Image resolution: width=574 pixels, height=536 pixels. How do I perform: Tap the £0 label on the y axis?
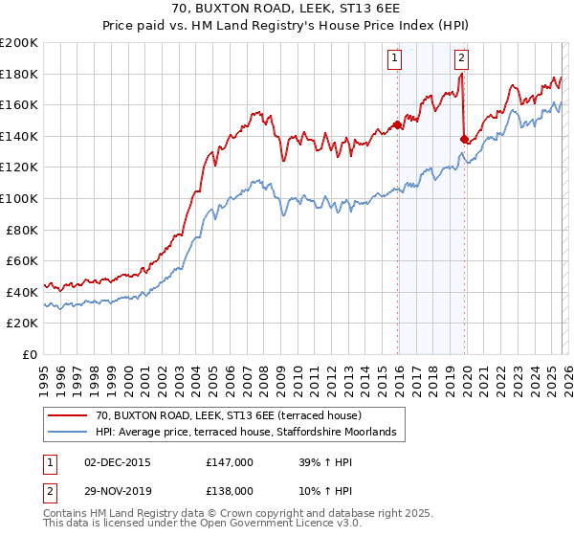pos(31,354)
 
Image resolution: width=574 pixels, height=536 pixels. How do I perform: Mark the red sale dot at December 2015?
pos(397,124)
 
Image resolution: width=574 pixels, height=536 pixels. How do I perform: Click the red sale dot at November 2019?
pos(464,139)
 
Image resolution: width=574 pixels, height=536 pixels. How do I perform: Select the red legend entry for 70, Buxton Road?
pos(228,415)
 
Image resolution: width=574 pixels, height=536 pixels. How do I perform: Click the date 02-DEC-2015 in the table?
pos(118,461)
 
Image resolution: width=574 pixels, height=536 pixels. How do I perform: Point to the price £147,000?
pos(230,461)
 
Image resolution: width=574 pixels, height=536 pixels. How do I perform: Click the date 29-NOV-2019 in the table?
pos(118,490)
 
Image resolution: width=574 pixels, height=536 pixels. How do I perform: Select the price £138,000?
pos(230,490)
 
